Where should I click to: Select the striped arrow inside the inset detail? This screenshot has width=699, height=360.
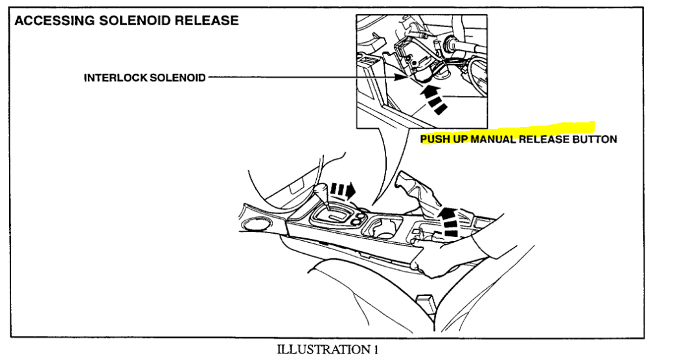pyautogui.click(x=433, y=100)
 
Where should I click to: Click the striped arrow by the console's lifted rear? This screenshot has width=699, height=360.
pyautogui.click(x=448, y=220)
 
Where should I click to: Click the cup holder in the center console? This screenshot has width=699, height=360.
pyautogui.click(x=382, y=229)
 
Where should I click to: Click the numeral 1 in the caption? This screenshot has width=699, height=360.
pyautogui.click(x=374, y=350)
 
